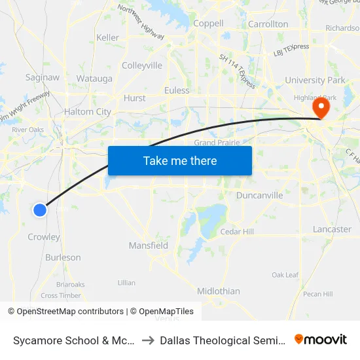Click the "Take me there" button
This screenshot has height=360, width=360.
coord(180,161)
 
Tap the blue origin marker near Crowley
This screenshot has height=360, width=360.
coord(40,209)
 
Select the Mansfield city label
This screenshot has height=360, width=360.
coord(148,246)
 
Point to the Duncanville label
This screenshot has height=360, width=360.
coord(260,195)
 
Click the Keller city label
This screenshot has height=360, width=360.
coord(108,37)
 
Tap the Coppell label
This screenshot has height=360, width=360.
coord(209,24)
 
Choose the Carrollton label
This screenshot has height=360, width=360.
coord(268,24)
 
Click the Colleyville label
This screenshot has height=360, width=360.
coord(142,65)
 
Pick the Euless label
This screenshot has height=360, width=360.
coord(177,90)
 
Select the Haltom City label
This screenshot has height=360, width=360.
coord(88,112)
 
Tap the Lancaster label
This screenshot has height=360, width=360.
coord(333,229)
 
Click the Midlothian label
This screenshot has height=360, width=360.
coord(219,291)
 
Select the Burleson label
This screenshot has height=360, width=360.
coord(63,258)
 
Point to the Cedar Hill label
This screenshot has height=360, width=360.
coord(237,232)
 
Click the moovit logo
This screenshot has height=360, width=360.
coord(321,340)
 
